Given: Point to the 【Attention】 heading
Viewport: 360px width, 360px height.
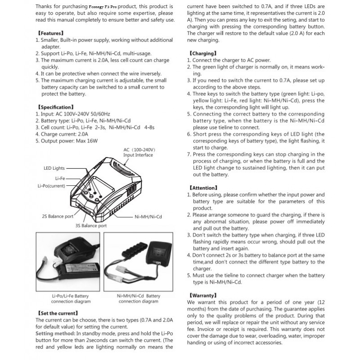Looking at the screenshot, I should click(203, 188).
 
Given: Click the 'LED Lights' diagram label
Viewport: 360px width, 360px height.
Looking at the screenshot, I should click(54, 168).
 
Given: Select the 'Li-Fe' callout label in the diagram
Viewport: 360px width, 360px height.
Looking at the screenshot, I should click(60, 178).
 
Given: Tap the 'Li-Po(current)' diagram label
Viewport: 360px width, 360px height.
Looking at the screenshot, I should click(51, 185).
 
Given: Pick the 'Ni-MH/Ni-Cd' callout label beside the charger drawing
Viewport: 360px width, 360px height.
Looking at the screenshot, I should click(148, 217).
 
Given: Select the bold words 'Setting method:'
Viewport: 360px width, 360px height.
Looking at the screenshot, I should click(55, 333).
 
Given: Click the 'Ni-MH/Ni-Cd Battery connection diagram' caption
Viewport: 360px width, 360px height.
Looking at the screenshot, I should click(138, 299).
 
